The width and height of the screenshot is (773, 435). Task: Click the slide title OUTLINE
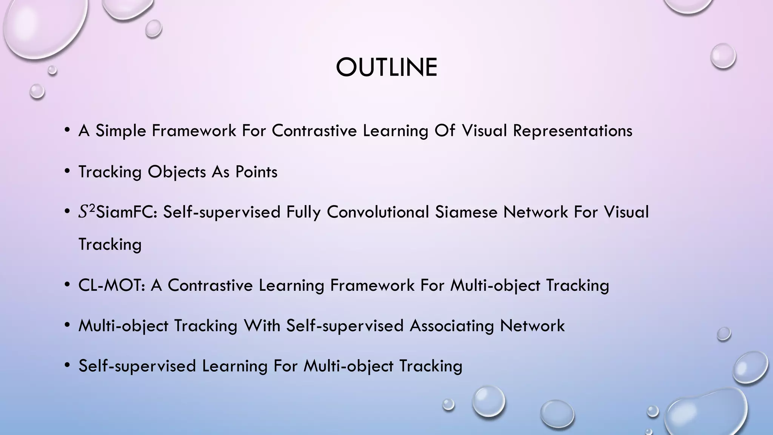click(x=386, y=68)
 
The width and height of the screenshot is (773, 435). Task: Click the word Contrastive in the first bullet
click(x=314, y=131)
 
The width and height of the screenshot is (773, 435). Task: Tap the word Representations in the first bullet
click(x=572, y=131)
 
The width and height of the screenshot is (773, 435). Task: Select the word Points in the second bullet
click(x=256, y=172)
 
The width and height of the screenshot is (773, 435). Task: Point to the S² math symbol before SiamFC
click(x=86, y=211)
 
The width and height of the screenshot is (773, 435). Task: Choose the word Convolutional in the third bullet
click(x=378, y=212)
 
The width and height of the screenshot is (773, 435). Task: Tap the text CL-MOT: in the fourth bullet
click(x=112, y=285)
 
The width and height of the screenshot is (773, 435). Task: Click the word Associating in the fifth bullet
click(x=451, y=325)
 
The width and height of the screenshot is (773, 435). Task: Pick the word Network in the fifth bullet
click(x=532, y=325)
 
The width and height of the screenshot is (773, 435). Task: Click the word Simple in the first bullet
click(x=120, y=131)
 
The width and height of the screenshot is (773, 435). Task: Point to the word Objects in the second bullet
click(x=177, y=172)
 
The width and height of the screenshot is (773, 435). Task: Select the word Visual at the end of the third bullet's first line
click(x=626, y=212)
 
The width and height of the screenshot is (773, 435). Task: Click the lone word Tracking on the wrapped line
click(x=110, y=244)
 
